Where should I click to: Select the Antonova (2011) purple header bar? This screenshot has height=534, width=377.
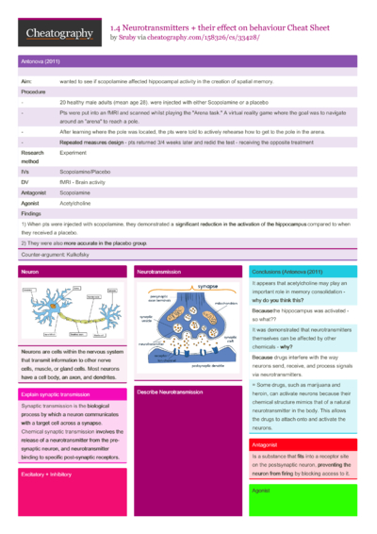tap(188, 60)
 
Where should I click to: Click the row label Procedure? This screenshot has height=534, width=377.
tap(34, 92)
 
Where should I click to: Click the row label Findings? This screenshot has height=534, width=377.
tap(31, 212)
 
